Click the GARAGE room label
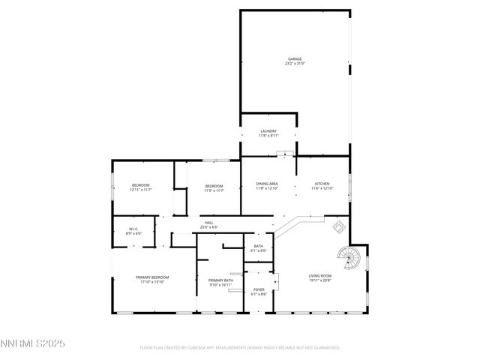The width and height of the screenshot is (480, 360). (295, 58)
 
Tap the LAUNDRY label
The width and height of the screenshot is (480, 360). (268, 131)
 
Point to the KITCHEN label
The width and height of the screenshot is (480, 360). (322, 184)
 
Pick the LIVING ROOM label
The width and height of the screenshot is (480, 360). (320, 275)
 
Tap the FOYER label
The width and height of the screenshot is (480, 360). (259, 289)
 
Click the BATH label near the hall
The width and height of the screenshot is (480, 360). (259, 246)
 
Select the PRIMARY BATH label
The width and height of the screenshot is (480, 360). (221, 280)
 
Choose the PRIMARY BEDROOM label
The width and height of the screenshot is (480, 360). (152, 277)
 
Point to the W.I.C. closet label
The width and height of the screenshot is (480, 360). (133, 229)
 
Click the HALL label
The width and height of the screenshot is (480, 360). (209, 223)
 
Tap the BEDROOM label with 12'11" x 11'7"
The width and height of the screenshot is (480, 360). (141, 185)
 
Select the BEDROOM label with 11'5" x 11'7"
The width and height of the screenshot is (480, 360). (214, 186)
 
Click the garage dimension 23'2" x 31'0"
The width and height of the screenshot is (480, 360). (295, 63)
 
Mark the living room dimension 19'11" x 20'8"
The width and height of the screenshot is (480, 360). (320, 280)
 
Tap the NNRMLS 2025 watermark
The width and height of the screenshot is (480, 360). (33, 343)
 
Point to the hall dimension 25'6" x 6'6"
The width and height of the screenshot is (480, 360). (209, 227)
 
